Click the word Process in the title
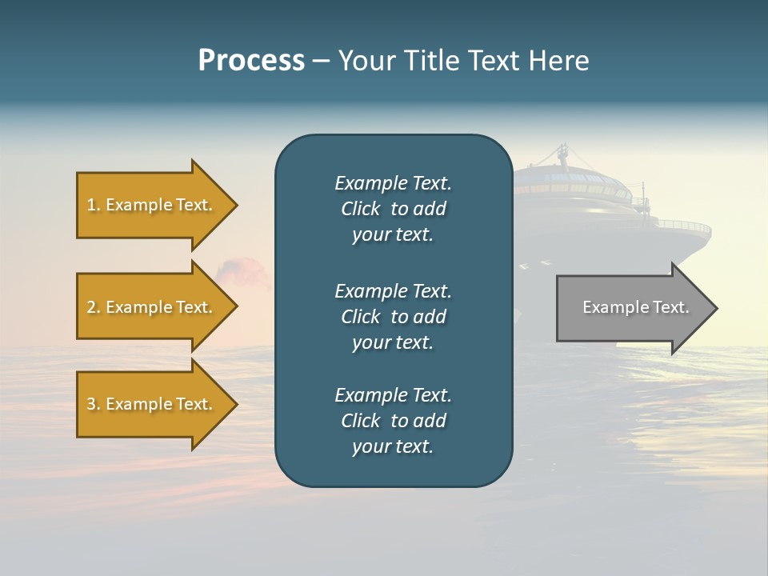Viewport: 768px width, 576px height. [x=251, y=61]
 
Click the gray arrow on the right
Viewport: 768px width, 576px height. [x=632, y=308]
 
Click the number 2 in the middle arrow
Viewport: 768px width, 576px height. [x=91, y=307]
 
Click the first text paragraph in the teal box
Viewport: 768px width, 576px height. [x=393, y=209]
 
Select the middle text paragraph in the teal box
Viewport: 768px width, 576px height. [x=393, y=317]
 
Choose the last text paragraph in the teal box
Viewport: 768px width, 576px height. [x=393, y=421]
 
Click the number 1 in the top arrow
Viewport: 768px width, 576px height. [x=91, y=206]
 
